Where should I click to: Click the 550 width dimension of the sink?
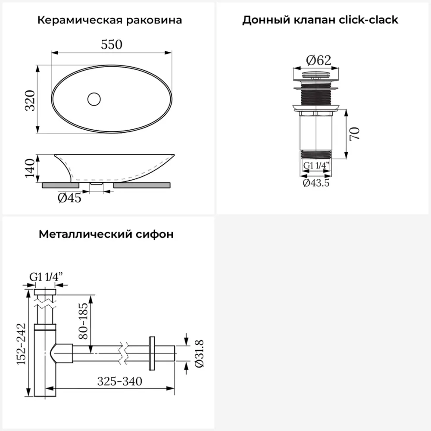click(x=112, y=44)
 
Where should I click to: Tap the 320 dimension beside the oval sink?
click(x=30, y=100)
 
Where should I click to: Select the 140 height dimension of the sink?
click(x=30, y=169)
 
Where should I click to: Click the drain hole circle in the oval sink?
click(x=94, y=99)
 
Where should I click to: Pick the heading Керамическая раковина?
click(x=109, y=20)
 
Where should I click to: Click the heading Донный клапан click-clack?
click(x=320, y=20)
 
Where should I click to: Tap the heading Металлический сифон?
click(x=106, y=234)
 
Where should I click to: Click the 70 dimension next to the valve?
click(x=354, y=134)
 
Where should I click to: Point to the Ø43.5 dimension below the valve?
click(x=316, y=183)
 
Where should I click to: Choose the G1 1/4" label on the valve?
click(x=316, y=165)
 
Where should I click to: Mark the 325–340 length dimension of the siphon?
click(x=119, y=381)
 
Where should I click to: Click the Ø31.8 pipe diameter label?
click(x=199, y=353)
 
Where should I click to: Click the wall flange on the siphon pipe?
click(x=151, y=353)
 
